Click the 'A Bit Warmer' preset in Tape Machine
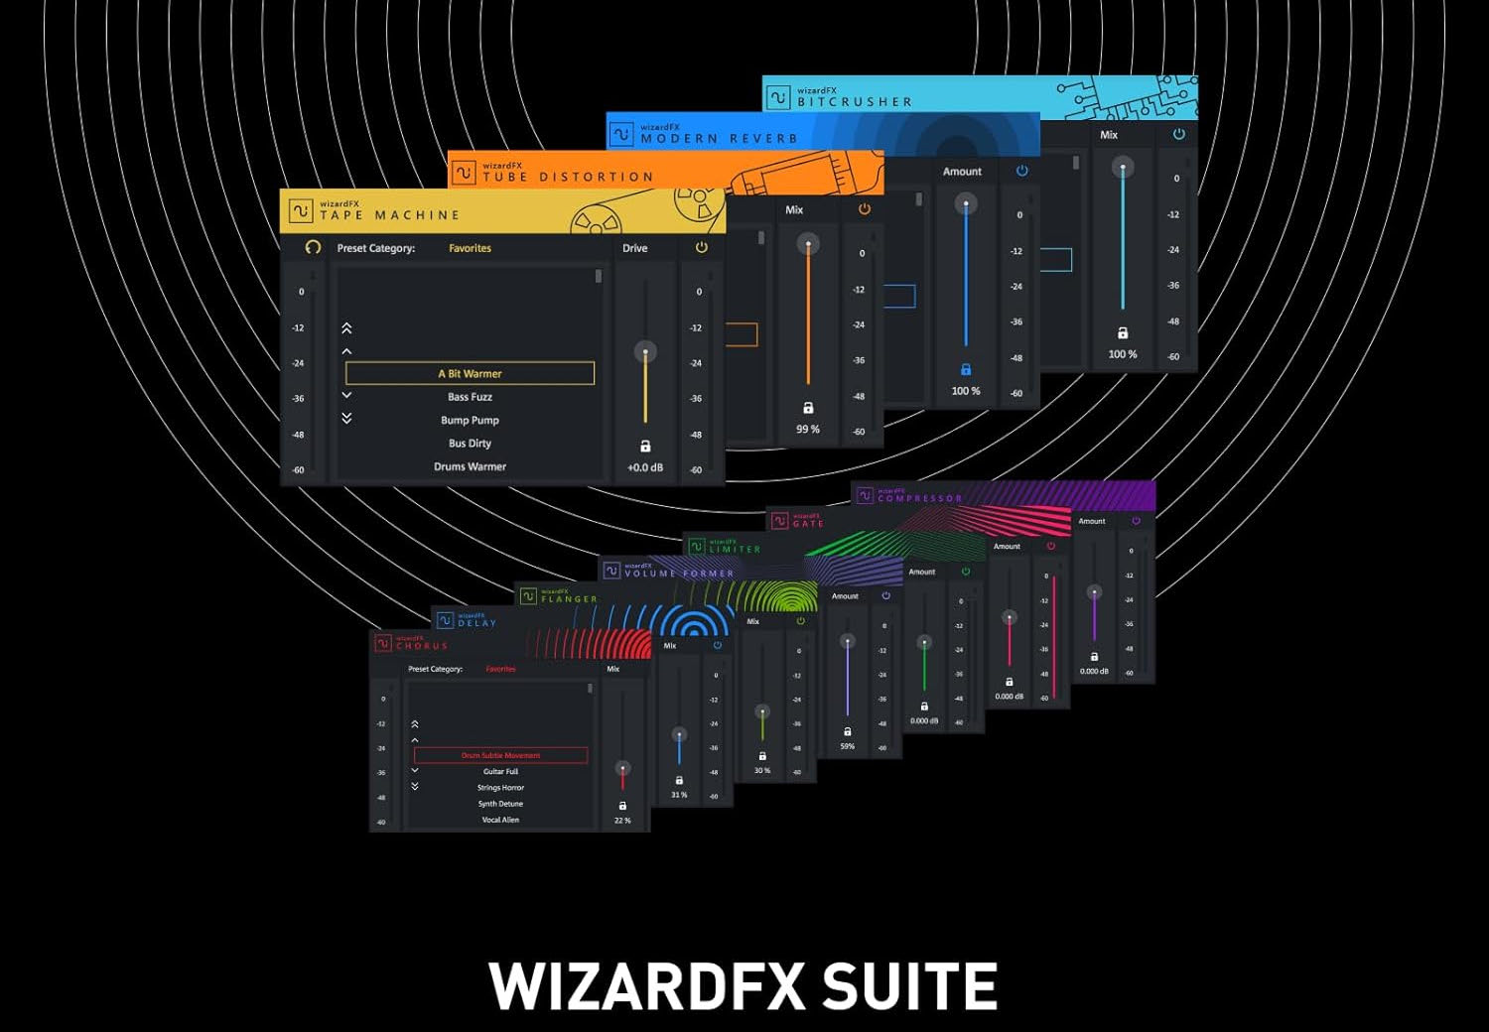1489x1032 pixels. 470,374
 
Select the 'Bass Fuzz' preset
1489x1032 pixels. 470,397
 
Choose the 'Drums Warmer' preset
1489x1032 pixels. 470,466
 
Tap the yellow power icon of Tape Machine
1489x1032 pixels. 702,248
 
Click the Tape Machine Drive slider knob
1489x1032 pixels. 645,352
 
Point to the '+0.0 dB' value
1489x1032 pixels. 645,467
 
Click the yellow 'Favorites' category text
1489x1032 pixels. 470,248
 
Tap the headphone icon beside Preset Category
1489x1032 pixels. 313,247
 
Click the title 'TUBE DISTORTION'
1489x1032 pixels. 568,177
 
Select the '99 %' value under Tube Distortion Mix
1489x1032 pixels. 808,430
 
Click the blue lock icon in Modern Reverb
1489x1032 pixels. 966,369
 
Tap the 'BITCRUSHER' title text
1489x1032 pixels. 854,101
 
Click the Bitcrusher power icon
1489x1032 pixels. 1179,134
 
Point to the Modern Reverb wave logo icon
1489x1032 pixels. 621,134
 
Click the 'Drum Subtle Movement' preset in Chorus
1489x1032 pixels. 500,755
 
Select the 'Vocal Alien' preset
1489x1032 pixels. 500,820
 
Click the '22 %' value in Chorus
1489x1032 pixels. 622,821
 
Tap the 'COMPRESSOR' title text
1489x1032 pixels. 919,498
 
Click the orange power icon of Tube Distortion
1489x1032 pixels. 864,209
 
